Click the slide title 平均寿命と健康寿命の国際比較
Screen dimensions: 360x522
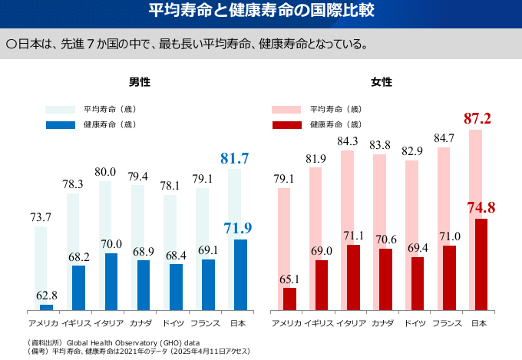pos(261,12)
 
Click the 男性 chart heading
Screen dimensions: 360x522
pos(139,81)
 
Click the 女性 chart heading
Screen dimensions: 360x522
pos(382,81)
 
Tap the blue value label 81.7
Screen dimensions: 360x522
pos(235,159)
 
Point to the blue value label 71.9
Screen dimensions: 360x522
pos(238,228)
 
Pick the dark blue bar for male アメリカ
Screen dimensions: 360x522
pos(46,307)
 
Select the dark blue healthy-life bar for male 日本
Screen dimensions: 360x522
pos(240,274)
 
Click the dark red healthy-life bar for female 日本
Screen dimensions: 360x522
pos(481,264)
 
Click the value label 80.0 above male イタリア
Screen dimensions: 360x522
pos(106,172)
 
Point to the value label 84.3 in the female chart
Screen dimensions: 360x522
pos(347,140)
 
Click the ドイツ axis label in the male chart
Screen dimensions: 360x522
pos(170,323)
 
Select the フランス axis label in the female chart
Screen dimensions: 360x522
pos(447,323)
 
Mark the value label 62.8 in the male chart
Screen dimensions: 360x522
pos(47,296)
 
